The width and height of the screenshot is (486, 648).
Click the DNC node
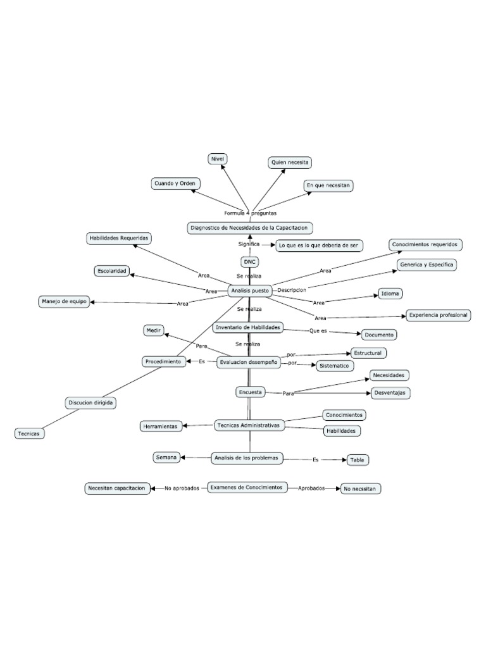(x=249, y=262)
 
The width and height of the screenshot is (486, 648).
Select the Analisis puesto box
(x=249, y=290)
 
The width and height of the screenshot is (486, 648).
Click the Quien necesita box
(x=290, y=163)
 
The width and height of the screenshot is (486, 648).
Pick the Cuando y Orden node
(x=175, y=184)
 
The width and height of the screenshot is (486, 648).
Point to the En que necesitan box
(x=328, y=185)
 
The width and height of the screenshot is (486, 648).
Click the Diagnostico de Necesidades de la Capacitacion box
(x=251, y=227)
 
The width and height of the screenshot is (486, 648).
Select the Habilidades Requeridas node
(x=119, y=238)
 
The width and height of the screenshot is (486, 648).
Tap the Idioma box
(x=390, y=294)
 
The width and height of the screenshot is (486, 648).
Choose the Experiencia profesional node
(x=438, y=315)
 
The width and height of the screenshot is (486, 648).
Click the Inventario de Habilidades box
(x=247, y=327)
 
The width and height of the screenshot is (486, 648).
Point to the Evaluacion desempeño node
(x=248, y=363)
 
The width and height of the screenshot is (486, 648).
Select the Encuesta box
(x=250, y=392)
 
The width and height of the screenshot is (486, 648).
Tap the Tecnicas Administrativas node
(x=247, y=425)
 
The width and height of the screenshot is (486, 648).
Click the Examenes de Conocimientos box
(x=247, y=487)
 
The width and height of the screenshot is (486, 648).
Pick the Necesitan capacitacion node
(x=118, y=488)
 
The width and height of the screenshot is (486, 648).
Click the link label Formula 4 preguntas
(x=250, y=213)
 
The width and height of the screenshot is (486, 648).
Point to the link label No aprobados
(x=182, y=488)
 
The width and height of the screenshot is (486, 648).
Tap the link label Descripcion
(x=292, y=290)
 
